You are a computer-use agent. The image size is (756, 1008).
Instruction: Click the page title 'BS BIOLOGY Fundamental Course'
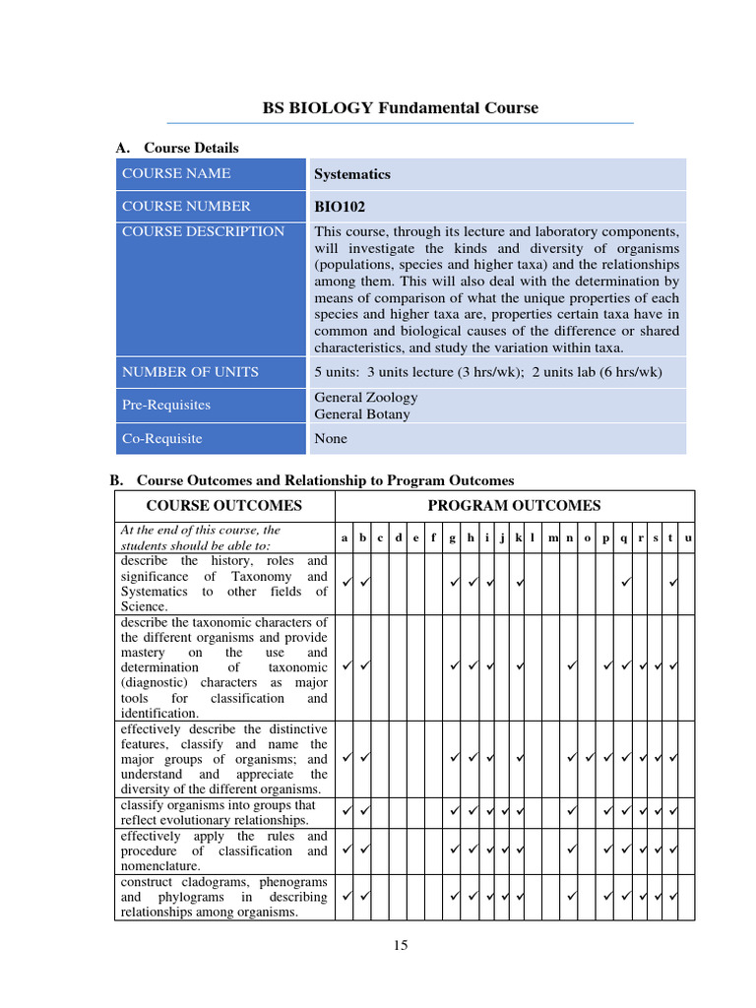click(400, 108)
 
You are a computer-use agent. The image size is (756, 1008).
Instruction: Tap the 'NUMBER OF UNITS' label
click(190, 372)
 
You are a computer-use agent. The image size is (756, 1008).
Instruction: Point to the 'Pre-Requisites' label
click(165, 405)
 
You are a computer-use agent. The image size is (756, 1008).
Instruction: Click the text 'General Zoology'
click(365, 398)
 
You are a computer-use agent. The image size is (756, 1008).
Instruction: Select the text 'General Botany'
click(361, 414)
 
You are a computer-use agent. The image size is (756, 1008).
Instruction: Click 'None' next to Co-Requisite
click(331, 439)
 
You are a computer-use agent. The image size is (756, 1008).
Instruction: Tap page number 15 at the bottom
click(400, 946)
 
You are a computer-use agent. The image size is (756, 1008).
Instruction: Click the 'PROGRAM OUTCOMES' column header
click(513, 506)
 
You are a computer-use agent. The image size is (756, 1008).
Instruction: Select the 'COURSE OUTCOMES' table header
click(223, 506)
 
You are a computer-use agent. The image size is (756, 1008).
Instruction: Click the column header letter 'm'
click(553, 537)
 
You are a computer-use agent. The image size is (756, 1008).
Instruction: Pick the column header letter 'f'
click(433, 537)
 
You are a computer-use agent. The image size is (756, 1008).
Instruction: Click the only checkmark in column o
click(589, 759)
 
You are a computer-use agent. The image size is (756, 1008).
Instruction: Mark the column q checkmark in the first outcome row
click(624, 584)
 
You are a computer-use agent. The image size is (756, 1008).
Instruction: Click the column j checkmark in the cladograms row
click(503, 898)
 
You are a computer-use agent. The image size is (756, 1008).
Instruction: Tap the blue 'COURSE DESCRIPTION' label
click(203, 232)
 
